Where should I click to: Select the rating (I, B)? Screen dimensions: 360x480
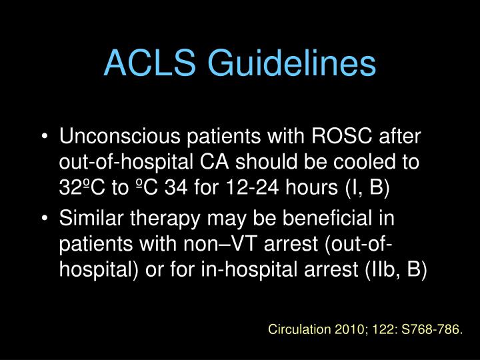368,187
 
